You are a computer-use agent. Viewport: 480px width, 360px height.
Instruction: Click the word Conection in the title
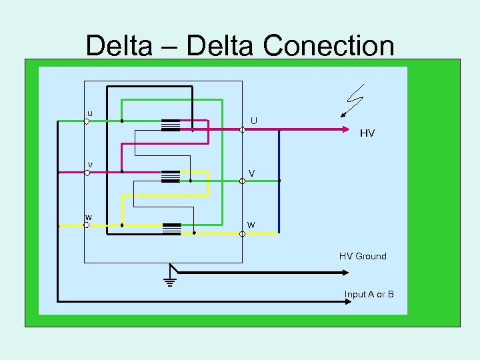(329, 46)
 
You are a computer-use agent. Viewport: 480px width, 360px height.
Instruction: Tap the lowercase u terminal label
(90, 113)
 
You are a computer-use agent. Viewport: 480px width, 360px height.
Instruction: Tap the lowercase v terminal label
(90, 164)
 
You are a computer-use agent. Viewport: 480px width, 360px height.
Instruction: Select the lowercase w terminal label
(88, 217)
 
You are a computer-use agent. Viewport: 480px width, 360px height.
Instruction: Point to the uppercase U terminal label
(254, 121)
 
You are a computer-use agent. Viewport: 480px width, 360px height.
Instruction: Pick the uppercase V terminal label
(251, 173)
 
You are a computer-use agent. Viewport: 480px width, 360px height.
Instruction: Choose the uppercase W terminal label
(251, 225)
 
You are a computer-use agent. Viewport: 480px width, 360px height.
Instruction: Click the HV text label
(367, 133)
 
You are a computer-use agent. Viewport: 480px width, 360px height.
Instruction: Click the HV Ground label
(362, 256)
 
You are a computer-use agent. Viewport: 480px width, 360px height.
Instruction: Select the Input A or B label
(369, 294)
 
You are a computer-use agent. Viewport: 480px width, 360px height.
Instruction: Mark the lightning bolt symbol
(352, 100)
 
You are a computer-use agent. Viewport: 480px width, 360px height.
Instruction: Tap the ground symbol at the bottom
(169, 278)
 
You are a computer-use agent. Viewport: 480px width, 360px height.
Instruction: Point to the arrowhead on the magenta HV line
(345, 130)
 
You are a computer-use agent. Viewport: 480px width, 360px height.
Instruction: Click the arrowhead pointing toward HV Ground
(345, 272)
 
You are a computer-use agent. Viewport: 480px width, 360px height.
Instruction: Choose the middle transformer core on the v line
(171, 176)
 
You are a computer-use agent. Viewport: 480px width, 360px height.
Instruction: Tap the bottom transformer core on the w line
(171, 228)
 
